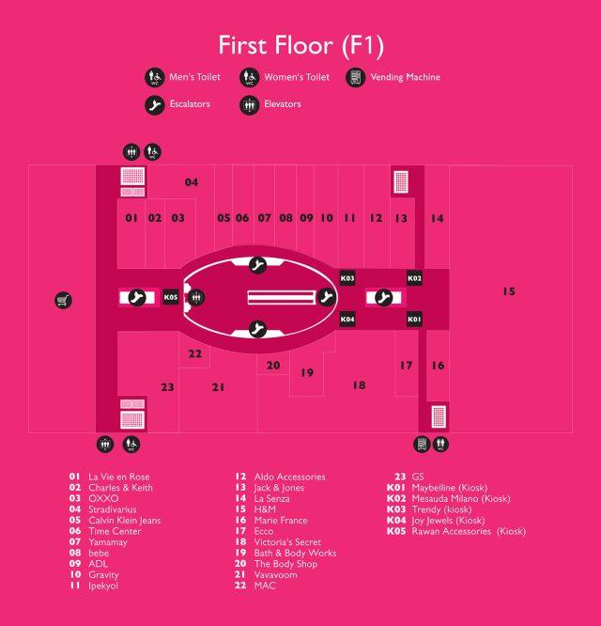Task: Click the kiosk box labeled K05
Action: pos(171,297)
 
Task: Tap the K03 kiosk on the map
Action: pos(347,278)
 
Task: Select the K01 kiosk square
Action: pos(414,320)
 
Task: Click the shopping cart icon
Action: pos(64,300)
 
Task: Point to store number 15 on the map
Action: pos(509,291)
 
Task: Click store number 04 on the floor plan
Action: pos(192,182)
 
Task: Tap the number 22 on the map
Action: pos(195,353)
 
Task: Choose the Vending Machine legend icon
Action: pos(355,77)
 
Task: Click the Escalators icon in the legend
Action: pos(155,105)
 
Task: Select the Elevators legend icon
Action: pos(250,105)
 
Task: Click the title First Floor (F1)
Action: pos(301,45)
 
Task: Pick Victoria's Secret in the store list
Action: pos(287,541)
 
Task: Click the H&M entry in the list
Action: pos(265,509)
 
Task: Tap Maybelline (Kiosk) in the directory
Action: pos(450,488)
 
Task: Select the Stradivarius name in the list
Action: pos(113,509)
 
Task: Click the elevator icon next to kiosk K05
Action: pos(196,297)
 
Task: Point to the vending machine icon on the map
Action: pos(422,445)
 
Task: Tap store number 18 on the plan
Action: pos(359,384)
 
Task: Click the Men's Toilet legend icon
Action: pos(155,77)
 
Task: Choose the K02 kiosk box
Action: pos(414,278)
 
